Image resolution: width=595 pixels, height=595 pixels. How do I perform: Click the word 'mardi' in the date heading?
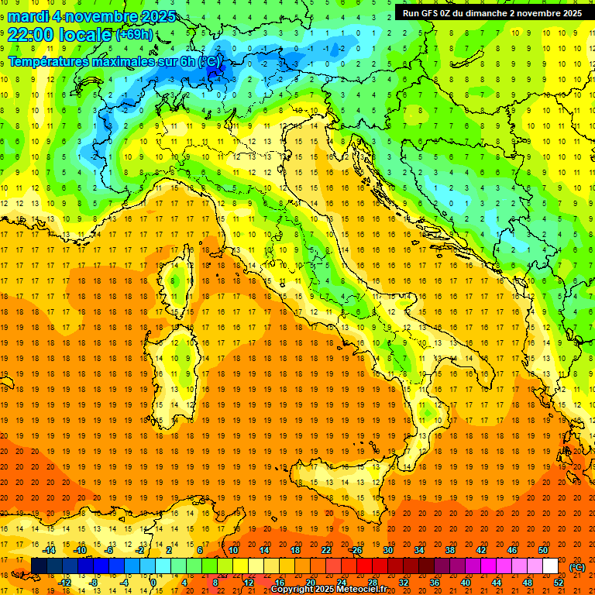26,16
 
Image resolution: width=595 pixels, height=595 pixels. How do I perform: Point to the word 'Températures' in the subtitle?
51,61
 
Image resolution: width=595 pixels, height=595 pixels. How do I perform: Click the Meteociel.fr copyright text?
328,589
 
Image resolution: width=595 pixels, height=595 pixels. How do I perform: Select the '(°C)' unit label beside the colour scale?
577,567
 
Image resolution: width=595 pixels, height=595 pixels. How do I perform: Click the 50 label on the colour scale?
543,550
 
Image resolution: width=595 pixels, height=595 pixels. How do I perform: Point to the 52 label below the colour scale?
559,583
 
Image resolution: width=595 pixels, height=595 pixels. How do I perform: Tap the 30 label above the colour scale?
388,550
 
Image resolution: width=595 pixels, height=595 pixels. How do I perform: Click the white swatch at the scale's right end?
550,566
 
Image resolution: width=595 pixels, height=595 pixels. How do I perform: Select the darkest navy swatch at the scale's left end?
39,566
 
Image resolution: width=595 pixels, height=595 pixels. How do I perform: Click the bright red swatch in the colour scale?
364,566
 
